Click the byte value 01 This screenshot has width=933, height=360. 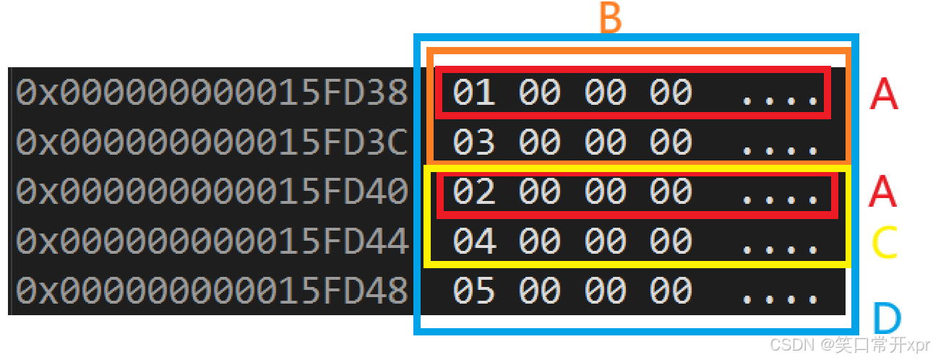click(x=474, y=93)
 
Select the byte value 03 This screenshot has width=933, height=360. click(x=474, y=142)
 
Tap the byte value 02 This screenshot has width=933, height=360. click(x=474, y=192)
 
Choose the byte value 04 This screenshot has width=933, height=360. click(x=474, y=241)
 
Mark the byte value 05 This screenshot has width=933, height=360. click(x=474, y=290)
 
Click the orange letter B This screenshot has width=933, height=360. click(x=611, y=19)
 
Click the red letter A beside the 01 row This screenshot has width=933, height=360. click(x=884, y=95)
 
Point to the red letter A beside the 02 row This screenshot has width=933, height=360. click(x=884, y=192)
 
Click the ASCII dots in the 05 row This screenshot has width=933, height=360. click(x=781, y=296)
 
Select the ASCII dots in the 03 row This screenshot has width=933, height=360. click(x=781, y=149)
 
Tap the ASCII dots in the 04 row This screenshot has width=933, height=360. click(x=781, y=247)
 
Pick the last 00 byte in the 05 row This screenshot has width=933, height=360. click(x=671, y=290)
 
